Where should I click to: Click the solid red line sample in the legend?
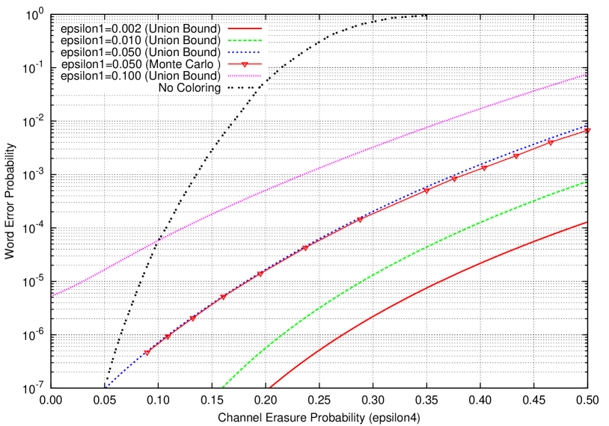pos(245,28)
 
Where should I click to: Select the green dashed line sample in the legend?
pos(245,40)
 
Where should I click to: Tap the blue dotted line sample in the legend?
pos(245,52)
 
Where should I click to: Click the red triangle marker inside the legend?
pos(245,65)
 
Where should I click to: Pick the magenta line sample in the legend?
pos(245,76)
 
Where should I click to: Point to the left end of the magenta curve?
pos(52,295)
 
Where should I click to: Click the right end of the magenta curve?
pos(587,74)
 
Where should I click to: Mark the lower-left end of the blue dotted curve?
pos(106,388)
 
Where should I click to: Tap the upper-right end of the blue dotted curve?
pos(587,126)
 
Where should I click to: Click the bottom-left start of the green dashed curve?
pos(223,387)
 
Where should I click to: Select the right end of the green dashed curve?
pos(587,181)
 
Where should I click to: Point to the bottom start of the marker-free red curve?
pos(269,388)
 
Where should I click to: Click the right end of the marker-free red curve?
pos(587,222)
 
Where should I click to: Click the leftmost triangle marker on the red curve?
pos(147,353)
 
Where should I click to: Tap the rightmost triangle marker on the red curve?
pos(589,131)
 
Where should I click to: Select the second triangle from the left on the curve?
pos(168,337)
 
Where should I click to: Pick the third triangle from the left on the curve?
pos(192,319)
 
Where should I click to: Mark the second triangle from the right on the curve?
pos(551,143)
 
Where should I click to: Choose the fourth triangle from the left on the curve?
pos(223,297)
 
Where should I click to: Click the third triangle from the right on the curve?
pos(516,156)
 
